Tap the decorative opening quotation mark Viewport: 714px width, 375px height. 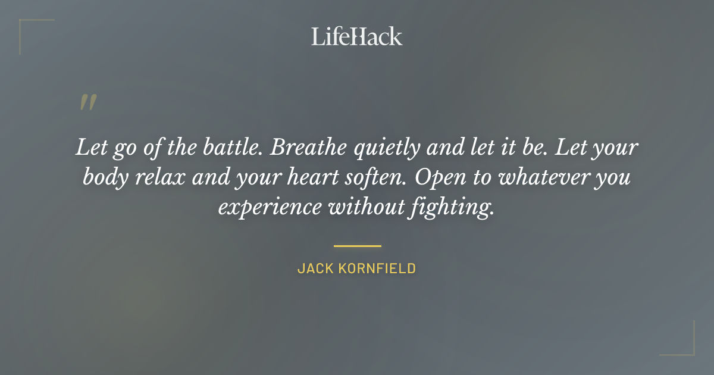click(88, 103)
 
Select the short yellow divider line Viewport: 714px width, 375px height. click(357, 245)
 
